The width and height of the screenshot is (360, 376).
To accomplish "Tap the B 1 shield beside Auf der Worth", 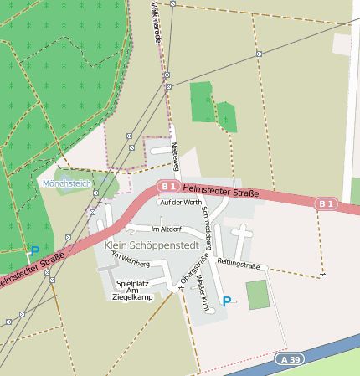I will pyautogui.click(x=170, y=186).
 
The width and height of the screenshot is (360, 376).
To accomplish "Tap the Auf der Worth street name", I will pyautogui.click(x=181, y=202).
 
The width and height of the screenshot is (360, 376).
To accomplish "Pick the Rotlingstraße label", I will pyautogui.click(x=239, y=265).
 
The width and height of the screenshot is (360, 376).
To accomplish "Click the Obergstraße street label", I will pyautogui.click(x=187, y=273).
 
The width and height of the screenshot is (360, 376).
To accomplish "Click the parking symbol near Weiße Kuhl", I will pyautogui.click(x=226, y=301).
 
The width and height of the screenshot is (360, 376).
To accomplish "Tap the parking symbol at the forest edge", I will pyautogui.click(x=34, y=250).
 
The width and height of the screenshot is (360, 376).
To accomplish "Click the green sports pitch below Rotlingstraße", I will pyautogui.click(x=258, y=294).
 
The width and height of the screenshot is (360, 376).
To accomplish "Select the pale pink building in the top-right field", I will pyautogui.click(x=342, y=44).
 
